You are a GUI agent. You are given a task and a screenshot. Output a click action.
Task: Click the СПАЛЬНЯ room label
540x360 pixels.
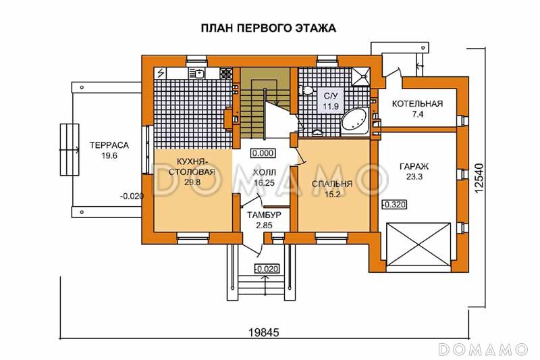coord(332,184)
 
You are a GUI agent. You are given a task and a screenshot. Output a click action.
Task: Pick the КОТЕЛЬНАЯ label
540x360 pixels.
coord(418,104)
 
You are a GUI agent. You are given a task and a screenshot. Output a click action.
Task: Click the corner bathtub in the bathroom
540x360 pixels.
coord(354,122)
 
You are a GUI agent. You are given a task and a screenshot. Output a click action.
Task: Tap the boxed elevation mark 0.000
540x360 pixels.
coord(262,153)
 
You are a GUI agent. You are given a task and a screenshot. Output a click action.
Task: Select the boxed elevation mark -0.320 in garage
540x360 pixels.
coord(394,204)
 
